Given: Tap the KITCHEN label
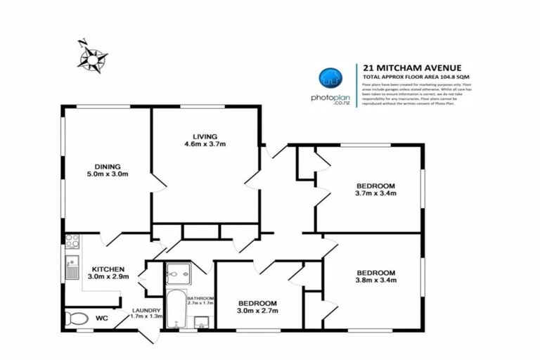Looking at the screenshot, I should [108, 269].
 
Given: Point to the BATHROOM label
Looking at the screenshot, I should [200, 298].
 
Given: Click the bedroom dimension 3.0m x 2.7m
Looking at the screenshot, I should [257, 309].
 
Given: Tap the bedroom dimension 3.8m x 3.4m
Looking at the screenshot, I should [375, 281].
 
